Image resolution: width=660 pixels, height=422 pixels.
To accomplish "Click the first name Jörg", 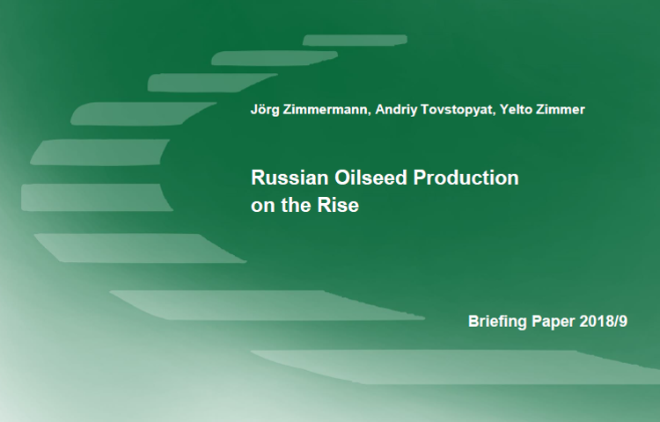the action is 264,110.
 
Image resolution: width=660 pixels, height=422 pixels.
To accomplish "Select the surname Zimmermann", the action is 326,109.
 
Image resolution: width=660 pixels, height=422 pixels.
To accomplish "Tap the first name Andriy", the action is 396,110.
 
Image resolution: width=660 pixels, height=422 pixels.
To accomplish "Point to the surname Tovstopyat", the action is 457,110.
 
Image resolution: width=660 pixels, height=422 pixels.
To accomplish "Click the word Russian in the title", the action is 290,178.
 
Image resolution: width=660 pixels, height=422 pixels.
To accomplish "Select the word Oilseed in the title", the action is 370,178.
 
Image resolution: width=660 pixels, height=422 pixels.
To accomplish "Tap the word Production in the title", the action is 466,178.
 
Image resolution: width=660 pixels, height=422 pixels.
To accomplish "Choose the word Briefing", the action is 497,322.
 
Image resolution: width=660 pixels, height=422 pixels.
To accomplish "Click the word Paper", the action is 554,322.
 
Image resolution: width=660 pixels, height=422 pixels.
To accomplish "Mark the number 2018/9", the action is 604,321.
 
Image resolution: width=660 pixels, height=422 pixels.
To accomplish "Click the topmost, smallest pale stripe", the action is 355,40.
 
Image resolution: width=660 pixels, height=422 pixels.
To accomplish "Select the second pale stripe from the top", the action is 274,58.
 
